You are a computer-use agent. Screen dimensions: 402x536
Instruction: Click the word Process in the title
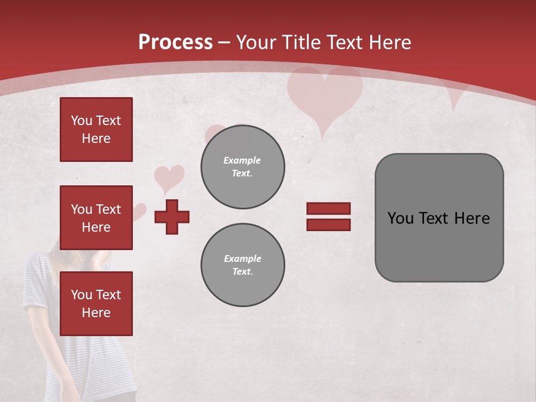click(x=175, y=42)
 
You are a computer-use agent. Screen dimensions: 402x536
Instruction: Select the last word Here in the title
click(x=389, y=42)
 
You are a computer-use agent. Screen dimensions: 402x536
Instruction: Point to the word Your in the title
click(x=257, y=42)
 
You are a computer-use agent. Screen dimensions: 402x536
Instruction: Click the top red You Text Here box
click(x=96, y=130)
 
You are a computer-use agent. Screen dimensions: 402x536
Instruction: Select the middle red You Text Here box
click(x=96, y=218)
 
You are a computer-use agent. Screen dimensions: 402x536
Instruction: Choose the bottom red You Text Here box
click(x=96, y=303)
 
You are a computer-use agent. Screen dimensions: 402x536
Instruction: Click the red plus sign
click(x=172, y=217)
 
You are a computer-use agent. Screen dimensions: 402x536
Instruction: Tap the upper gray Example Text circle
click(x=242, y=167)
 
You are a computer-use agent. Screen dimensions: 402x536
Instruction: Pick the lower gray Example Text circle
click(x=242, y=265)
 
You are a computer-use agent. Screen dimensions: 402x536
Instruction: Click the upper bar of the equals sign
click(x=328, y=208)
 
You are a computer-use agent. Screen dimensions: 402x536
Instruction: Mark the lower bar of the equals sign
click(x=328, y=224)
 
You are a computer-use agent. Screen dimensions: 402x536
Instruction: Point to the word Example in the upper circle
click(x=242, y=160)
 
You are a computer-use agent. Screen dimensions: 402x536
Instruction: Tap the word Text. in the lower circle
click(x=242, y=272)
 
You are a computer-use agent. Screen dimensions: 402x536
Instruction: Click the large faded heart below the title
click(x=324, y=95)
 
